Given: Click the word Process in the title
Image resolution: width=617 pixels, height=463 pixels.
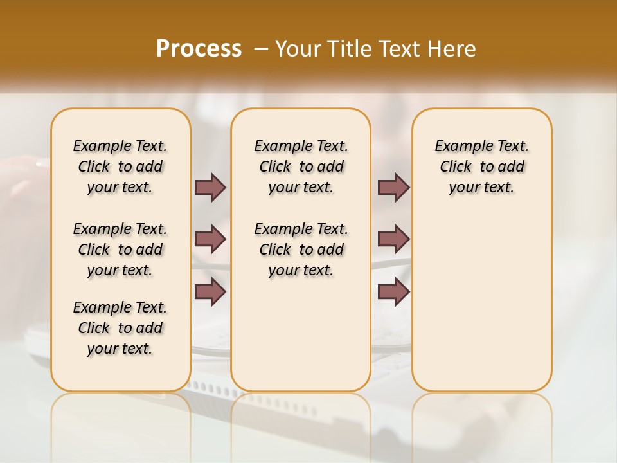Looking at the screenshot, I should tap(199, 49).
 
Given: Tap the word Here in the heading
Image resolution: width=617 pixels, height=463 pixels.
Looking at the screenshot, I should tap(453, 49).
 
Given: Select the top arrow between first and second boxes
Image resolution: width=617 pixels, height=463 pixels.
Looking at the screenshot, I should tap(210, 187).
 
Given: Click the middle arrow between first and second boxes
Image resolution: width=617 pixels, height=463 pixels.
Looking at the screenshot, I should tap(210, 239).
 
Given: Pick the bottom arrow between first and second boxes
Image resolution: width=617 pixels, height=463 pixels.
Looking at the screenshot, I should tap(210, 291).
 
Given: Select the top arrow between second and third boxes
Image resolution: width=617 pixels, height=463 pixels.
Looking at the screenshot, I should tap(393, 187).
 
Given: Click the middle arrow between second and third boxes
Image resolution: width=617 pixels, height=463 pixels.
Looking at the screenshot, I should tap(393, 239).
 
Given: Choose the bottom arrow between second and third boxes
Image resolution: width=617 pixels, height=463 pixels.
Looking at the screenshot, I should tap(393, 291).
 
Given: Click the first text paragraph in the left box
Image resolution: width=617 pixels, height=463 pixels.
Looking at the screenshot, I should tap(120, 167).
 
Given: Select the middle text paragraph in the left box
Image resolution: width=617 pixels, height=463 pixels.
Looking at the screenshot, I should tap(120, 250).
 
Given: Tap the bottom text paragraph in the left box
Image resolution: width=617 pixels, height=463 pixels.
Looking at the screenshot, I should tap(120, 328).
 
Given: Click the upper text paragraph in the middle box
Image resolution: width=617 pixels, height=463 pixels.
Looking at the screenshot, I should tap(301, 167).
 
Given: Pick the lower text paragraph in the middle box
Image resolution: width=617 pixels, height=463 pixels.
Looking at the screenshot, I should tap(301, 250).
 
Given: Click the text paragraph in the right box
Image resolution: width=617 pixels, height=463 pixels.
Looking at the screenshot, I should tap(481, 167).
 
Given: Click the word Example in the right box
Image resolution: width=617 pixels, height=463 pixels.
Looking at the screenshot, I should tap(458, 146).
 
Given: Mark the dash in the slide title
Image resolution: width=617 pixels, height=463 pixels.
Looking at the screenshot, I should tap(262, 49).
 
